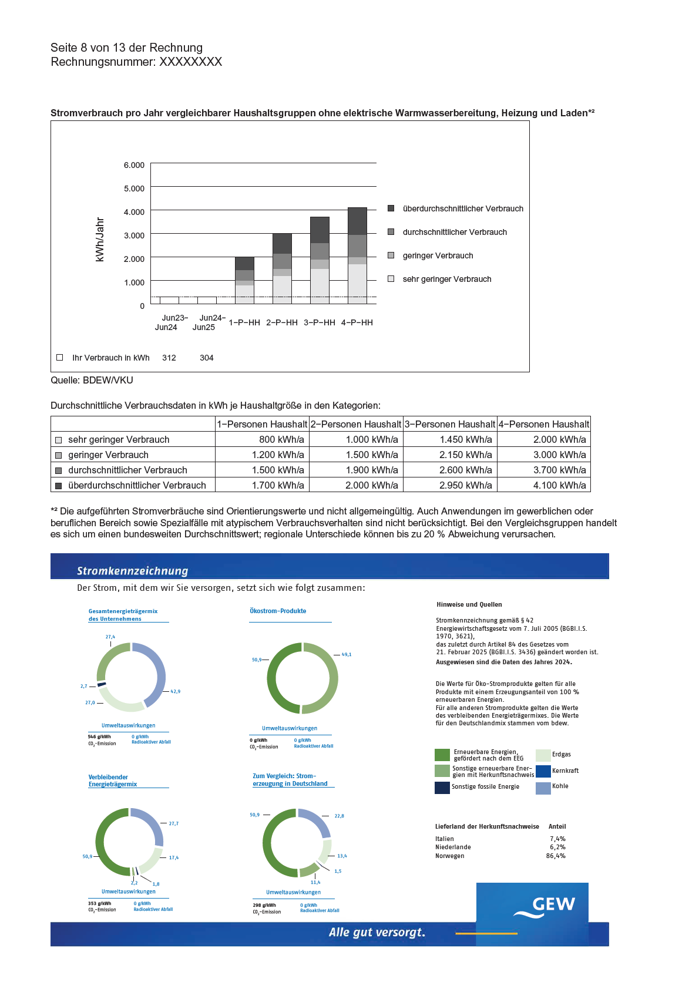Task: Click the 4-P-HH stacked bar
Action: tap(357, 255)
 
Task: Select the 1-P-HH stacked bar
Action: tap(244, 280)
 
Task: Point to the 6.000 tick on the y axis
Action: tap(134, 165)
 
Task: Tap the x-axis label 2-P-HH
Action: tap(282, 322)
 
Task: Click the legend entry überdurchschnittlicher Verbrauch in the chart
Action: tap(463, 208)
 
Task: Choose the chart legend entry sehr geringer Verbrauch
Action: tap(446, 279)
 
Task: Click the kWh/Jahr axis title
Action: tap(100, 239)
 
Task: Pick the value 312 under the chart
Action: tap(169, 358)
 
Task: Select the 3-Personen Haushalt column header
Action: tap(450, 424)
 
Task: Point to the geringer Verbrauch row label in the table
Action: tap(108, 455)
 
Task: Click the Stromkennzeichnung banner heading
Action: tap(133, 571)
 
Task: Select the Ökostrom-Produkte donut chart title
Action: tap(278, 611)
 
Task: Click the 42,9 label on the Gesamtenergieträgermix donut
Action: tap(175, 691)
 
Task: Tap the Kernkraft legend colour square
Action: tap(543, 771)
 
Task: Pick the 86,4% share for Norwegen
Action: tap(556, 856)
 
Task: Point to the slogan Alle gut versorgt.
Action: tap(377, 932)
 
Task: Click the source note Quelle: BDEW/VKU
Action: tap(92, 380)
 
